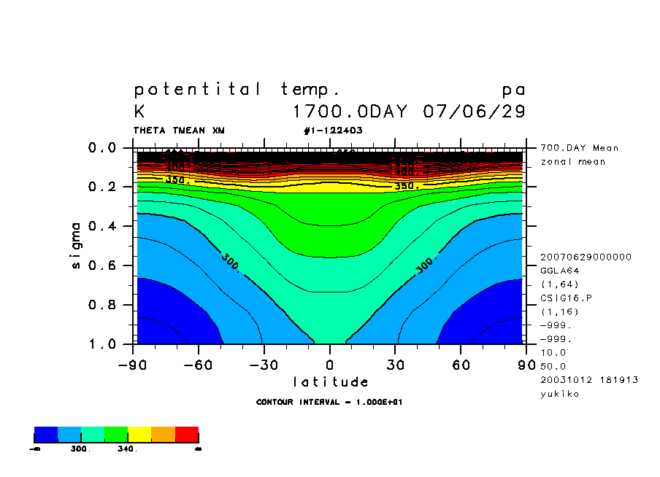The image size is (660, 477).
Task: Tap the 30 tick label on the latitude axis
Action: point(396,365)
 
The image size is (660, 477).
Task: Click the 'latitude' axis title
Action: point(331,382)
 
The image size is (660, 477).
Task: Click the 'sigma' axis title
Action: point(77,246)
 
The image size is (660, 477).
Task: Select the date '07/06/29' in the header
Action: point(474,112)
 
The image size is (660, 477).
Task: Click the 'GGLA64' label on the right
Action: point(559,271)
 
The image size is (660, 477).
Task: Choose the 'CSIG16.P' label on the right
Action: point(564,298)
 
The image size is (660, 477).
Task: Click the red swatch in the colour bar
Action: point(187,435)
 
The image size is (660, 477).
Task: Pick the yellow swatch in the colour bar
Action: point(139,435)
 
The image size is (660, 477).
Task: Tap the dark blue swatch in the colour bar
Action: point(46,435)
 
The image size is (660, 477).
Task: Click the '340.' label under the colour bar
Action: point(127,449)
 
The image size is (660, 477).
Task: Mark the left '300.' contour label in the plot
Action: point(229,263)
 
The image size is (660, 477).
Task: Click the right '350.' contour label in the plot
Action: point(407,187)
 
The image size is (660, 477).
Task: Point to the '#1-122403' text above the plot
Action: point(333,131)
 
